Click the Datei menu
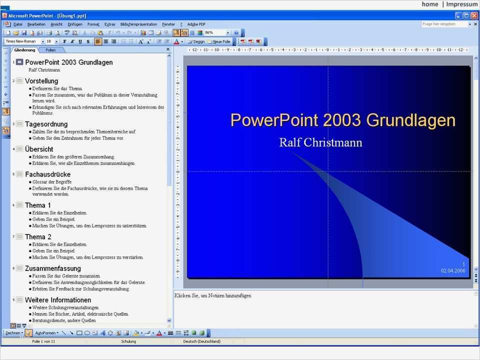point(18,24)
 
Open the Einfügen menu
point(75,24)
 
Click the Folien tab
point(50,50)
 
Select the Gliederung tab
point(24,50)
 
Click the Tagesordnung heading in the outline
point(46,124)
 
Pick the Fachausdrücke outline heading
point(47,174)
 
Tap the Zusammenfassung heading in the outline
point(52,268)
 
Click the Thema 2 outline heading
point(38,236)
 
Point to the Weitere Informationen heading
point(58,300)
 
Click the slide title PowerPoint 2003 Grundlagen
point(342,120)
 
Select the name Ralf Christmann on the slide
point(320,142)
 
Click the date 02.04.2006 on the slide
point(452,270)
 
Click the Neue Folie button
point(219,41)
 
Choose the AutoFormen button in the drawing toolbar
point(46,332)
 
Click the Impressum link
point(461,4)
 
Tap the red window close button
point(473,15)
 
